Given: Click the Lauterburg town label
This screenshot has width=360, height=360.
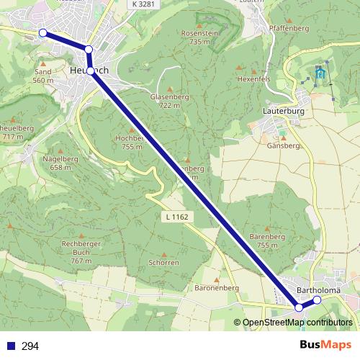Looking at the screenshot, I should [284, 112].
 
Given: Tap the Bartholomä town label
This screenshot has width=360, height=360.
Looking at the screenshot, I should [318, 291].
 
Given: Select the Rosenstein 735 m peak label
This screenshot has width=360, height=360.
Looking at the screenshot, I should [199, 37].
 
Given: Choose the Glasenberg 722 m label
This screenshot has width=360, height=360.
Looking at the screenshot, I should [164, 100].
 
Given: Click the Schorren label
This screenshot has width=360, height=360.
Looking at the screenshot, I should [163, 262].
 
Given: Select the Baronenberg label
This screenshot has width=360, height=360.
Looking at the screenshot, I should [216, 287].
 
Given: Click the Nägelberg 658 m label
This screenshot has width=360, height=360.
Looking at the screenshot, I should [61, 162].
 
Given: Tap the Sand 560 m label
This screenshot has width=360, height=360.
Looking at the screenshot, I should [42, 76].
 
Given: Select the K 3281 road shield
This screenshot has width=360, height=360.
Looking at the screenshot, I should [143, 4].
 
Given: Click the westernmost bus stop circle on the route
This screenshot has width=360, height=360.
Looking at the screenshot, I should [42, 33].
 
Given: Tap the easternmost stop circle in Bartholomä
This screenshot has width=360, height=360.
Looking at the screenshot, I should [317, 300].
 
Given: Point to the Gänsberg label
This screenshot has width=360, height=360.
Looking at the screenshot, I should [283, 145].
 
